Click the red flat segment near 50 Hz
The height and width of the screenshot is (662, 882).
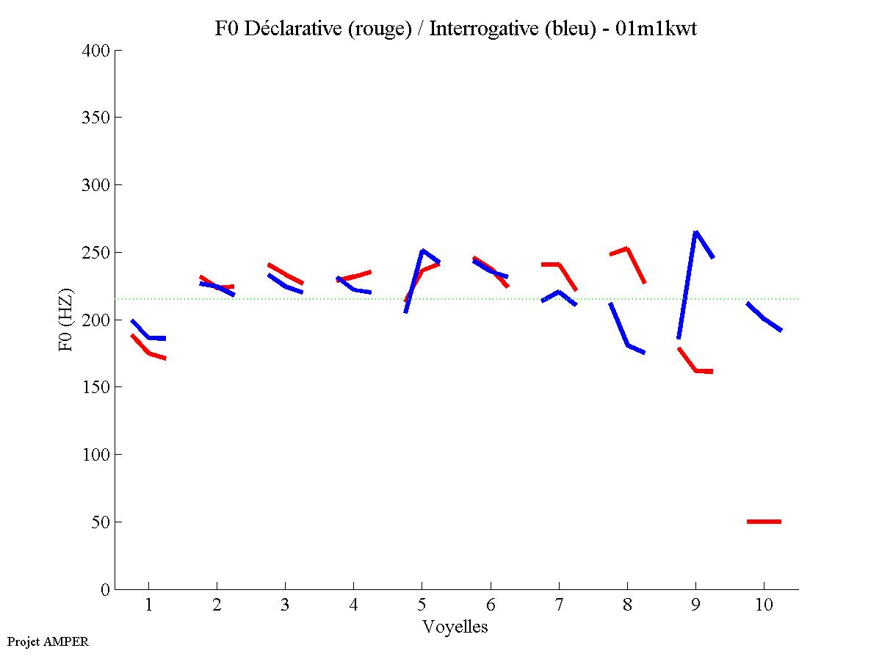pyautogui.click(x=764, y=522)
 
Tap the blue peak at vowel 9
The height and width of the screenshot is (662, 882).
pyautogui.click(x=695, y=233)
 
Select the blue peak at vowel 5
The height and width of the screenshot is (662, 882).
pyautogui.click(x=422, y=251)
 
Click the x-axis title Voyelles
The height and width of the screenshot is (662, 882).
pyautogui.click(x=455, y=627)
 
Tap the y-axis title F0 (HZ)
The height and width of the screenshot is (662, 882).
pyautogui.click(x=67, y=319)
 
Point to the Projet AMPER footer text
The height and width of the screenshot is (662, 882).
pyautogui.click(x=48, y=641)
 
